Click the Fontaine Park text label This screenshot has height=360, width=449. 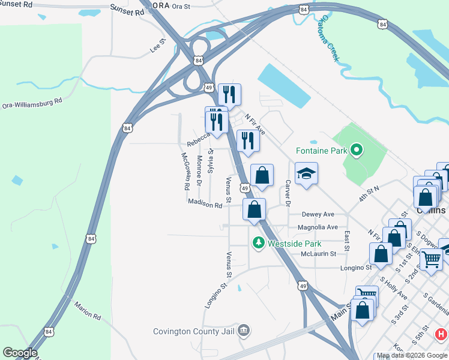321,151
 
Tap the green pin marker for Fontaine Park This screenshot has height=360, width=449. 356,150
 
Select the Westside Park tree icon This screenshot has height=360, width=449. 258,243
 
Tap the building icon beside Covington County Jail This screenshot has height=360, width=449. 243,330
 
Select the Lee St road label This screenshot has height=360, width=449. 158,44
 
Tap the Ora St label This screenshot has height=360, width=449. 181,7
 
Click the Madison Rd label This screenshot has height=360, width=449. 205,204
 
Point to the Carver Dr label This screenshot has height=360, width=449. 288,193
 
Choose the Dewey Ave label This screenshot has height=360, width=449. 318,214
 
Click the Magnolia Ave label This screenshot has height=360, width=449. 318,227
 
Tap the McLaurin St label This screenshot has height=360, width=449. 318,254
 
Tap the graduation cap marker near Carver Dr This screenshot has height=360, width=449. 306,173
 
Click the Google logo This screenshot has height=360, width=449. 20,353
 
